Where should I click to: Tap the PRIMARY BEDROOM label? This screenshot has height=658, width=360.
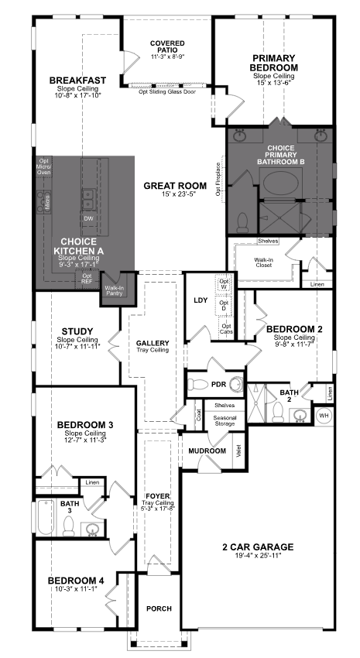pyautogui.click(x=275, y=63)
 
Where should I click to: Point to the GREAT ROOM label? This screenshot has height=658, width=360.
pyautogui.click(x=175, y=186)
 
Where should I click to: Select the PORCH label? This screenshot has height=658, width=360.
pyautogui.click(x=159, y=608)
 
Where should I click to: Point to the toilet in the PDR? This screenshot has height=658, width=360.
pyautogui.click(x=200, y=384)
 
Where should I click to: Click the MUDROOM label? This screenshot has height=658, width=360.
pyautogui.click(x=207, y=451)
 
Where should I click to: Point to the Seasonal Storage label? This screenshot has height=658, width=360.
pyautogui.click(x=225, y=420)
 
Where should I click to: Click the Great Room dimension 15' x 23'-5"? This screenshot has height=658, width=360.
pyautogui.click(x=175, y=196)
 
